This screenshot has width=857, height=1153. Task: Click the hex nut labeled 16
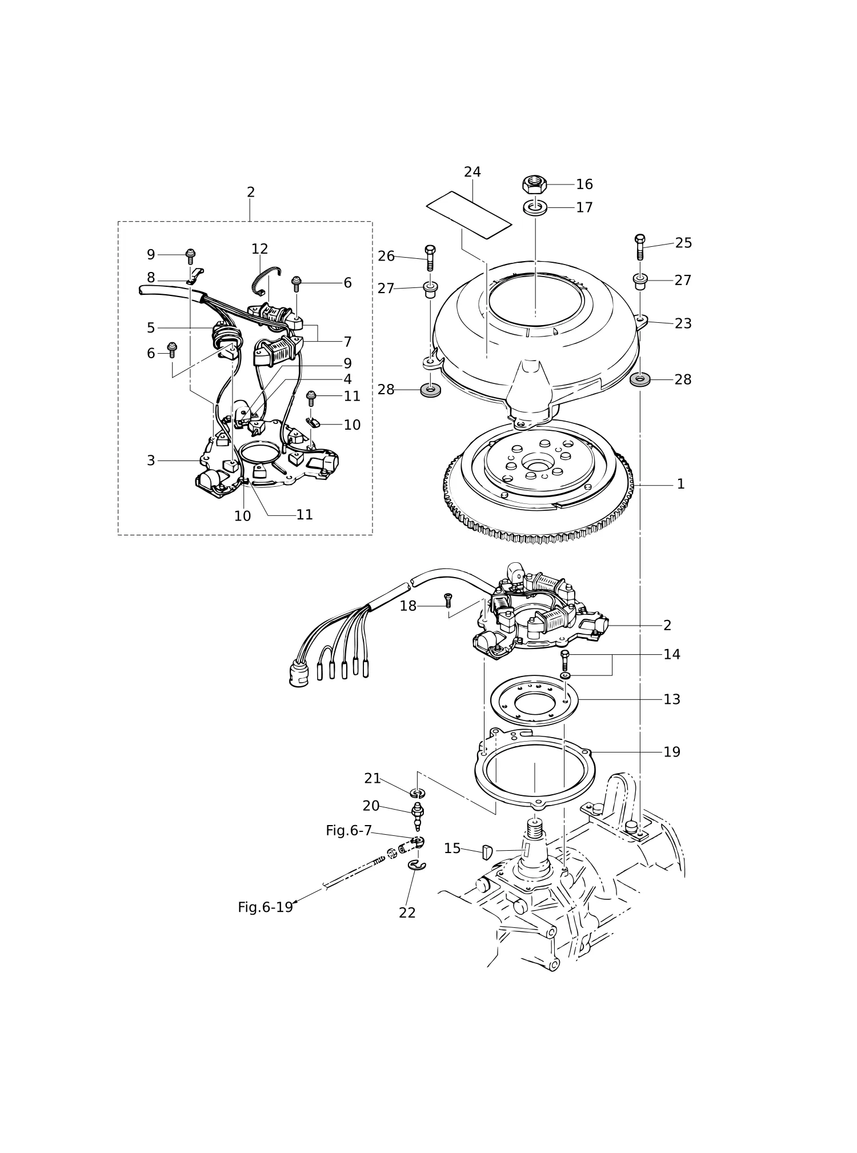click(535, 185)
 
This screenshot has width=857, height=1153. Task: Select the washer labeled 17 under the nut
click(535, 207)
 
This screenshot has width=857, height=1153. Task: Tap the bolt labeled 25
click(640, 247)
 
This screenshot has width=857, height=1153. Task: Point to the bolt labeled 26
click(430, 258)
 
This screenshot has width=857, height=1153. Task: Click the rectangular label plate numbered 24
click(469, 215)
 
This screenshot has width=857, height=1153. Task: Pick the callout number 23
click(683, 323)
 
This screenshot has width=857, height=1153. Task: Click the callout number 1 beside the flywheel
click(680, 484)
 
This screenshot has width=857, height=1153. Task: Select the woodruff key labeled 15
click(487, 852)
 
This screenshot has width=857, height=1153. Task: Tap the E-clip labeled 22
click(417, 866)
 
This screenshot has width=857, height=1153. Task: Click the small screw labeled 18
click(448, 600)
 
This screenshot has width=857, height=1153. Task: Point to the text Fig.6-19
click(265, 907)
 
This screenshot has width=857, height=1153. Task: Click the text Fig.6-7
click(349, 831)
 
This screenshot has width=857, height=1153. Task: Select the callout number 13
click(672, 699)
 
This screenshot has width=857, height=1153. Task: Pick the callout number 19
click(672, 752)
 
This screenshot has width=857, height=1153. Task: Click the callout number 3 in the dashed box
click(151, 461)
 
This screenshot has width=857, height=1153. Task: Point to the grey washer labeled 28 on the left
click(430, 391)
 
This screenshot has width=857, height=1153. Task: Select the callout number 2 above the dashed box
click(251, 193)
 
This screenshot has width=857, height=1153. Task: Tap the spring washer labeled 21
click(418, 793)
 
